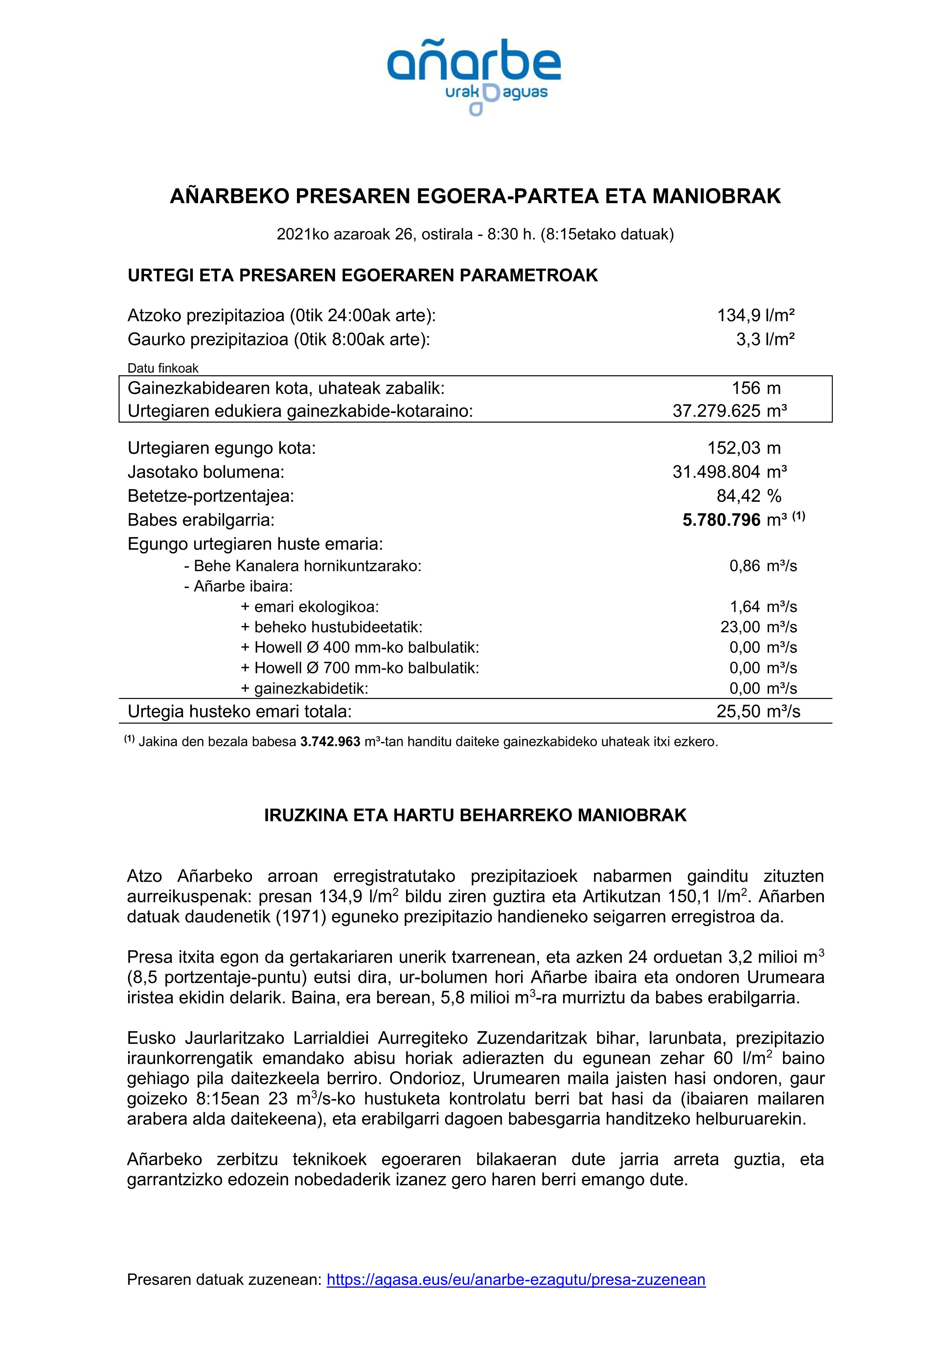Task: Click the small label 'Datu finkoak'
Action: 163,368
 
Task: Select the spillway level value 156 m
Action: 756,388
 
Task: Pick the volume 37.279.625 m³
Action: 730,411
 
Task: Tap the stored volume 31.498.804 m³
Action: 730,472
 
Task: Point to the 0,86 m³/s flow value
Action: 763,566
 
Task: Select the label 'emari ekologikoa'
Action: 316,607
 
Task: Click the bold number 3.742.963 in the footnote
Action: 330,742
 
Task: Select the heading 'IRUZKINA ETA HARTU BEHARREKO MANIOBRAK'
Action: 475,816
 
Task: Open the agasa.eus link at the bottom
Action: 516,1279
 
